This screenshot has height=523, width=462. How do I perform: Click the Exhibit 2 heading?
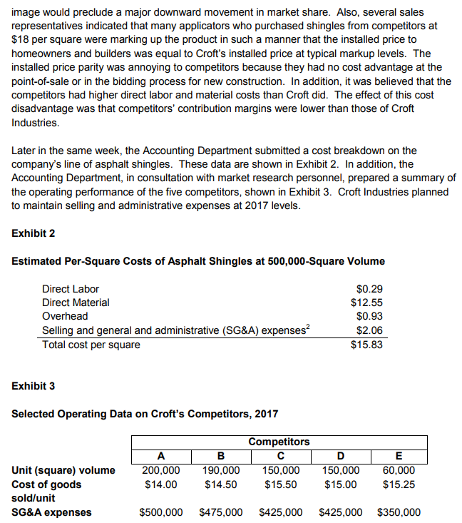pyautogui.click(x=34, y=233)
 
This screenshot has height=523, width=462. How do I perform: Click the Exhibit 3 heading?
pyautogui.click(x=34, y=386)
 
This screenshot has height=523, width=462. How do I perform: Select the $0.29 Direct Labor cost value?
pyautogui.click(x=368, y=289)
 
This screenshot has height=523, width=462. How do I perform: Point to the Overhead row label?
pyautogui.click(x=65, y=316)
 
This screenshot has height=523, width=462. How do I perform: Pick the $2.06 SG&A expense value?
pyautogui.click(x=368, y=330)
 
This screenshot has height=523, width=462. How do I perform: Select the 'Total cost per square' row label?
pyautogui.click(x=91, y=345)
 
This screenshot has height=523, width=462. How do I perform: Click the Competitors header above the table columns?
pyautogui.click(x=279, y=442)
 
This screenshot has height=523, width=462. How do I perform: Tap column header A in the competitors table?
pyautogui.click(x=161, y=457)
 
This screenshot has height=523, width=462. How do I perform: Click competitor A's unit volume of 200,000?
pyautogui.click(x=161, y=470)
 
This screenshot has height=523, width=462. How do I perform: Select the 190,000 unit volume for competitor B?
pyautogui.click(x=221, y=470)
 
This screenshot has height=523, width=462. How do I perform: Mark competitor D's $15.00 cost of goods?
pyautogui.click(x=339, y=484)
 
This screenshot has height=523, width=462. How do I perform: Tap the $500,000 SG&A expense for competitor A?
pyautogui.click(x=161, y=512)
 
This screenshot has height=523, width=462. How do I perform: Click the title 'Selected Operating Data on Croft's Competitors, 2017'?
pyautogui.click(x=145, y=414)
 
